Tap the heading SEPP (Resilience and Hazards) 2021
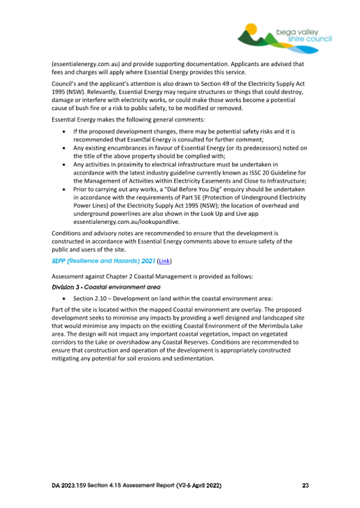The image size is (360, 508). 101,261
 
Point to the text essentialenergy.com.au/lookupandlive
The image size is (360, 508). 115,221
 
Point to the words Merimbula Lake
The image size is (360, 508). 272,326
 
